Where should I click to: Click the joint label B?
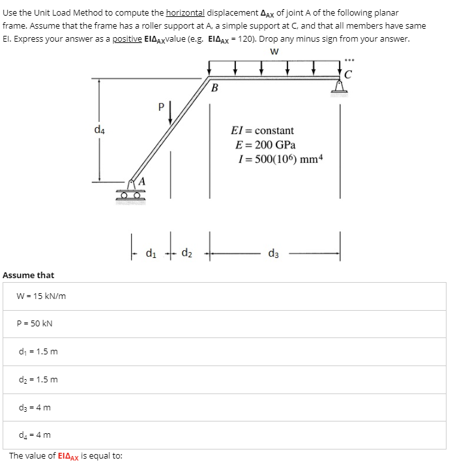(x=215, y=87)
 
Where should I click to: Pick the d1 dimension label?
(x=151, y=253)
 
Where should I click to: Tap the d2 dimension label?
(x=186, y=253)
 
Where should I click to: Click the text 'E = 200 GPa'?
(x=265, y=145)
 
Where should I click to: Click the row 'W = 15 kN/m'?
(x=42, y=296)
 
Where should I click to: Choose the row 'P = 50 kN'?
(x=36, y=324)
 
